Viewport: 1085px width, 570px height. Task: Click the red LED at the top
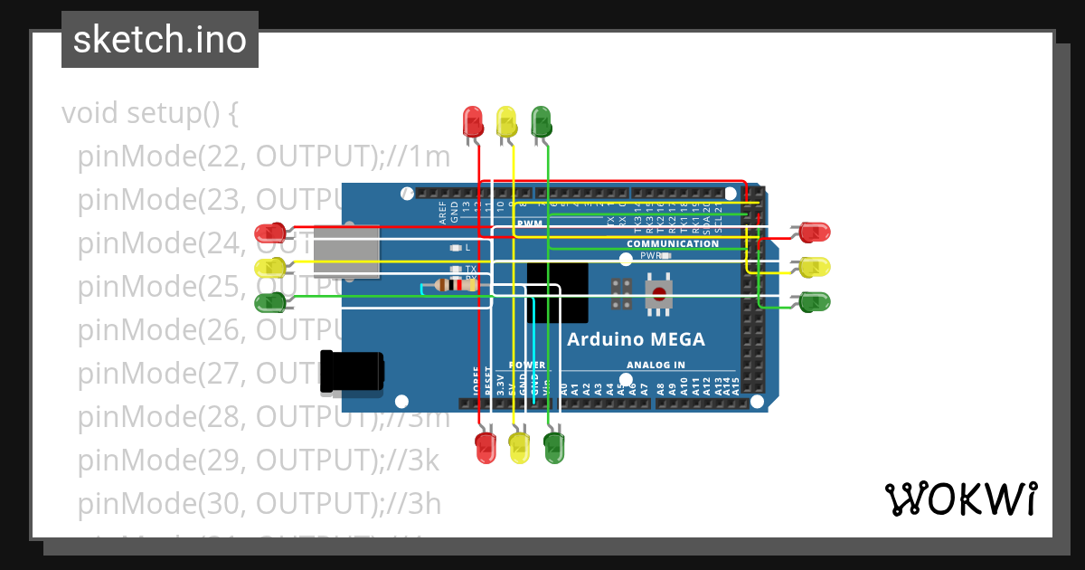tap(472, 121)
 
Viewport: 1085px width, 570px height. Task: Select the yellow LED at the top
tap(506, 121)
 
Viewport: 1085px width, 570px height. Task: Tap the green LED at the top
tap(541, 121)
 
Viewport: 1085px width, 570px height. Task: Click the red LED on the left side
tap(270, 233)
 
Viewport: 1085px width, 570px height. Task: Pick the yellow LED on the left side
tap(270, 268)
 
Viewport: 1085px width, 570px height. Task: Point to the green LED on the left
tap(270, 302)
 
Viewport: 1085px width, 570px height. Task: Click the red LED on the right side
tap(815, 233)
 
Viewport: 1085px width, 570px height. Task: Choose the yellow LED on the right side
tap(815, 267)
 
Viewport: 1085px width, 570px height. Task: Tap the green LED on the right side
tap(815, 301)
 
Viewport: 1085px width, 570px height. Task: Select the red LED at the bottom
tap(486, 447)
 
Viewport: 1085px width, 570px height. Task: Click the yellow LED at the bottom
tap(520, 447)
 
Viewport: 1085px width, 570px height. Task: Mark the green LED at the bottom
tap(554, 447)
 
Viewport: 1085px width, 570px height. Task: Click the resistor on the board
tap(457, 286)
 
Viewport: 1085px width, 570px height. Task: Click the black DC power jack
tap(352, 372)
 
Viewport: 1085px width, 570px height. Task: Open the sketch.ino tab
tap(160, 40)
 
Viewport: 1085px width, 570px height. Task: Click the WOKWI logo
tap(959, 499)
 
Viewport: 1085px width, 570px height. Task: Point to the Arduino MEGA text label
tap(635, 340)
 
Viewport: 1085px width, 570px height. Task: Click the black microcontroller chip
tap(557, 291)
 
